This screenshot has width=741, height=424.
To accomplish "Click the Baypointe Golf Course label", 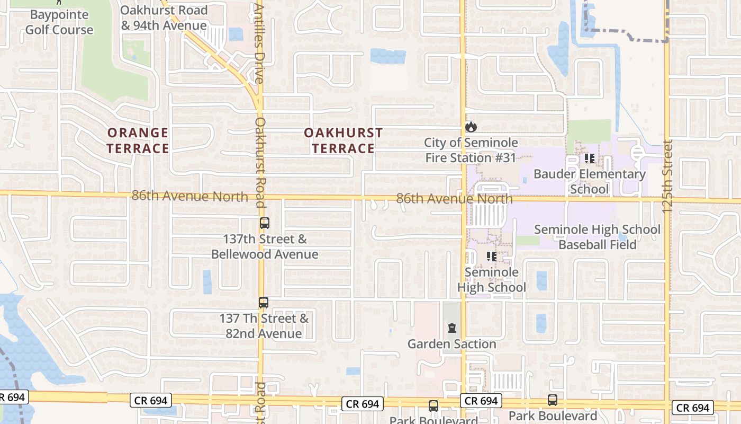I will (x=59, y=22).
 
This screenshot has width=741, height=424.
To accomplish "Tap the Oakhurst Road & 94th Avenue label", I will (x=164, y=17).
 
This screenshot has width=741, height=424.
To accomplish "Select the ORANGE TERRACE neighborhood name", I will (x=138, y=140).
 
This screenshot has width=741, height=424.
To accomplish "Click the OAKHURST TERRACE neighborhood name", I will (x=343, y=140).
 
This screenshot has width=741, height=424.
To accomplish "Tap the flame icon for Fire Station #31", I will (x=471, y=127).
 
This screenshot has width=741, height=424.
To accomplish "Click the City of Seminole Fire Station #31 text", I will (x=471, y=150).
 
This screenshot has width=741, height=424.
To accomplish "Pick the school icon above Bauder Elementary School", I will (x=589, y=158).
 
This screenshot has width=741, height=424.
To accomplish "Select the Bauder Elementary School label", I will (x=589, y=181).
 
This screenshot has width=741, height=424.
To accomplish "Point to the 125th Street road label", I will (x=667, y=176).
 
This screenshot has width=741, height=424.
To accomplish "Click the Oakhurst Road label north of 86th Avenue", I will (x=260, y=162).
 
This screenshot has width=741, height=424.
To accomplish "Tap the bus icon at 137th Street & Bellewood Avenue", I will (x=264, y=223).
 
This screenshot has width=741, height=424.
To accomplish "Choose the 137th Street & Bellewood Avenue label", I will (x=265, y=246).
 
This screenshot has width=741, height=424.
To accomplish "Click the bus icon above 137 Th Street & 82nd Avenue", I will (x=263, y=303).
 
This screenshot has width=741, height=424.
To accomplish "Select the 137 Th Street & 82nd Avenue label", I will (x=264, y=326).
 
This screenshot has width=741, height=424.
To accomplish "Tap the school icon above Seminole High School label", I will (x=491, y=257).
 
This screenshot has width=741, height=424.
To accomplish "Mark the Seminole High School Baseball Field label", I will (x=598, y=237).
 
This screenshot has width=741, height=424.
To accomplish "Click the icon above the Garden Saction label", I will (x=451, y=329).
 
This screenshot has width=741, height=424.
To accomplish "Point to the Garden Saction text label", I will (x=451, y=344).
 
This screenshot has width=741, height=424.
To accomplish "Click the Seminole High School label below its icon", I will (x=491, y=280).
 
